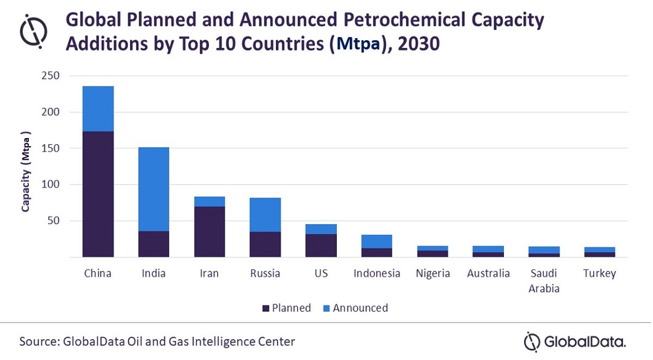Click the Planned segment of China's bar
(98, 194)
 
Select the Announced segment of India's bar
(153, 189)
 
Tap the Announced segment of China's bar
(98, 109)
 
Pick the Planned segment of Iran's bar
(210, 232)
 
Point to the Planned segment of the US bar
(321, 245)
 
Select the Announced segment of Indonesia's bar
(377, 241)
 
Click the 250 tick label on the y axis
(51, 76)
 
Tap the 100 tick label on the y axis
(51, 185)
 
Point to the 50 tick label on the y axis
(54, 221)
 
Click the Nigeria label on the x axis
(433, 273)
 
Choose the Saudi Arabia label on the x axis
(544, 281)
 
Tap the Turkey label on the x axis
(600, 273)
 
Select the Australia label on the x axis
(488, 273)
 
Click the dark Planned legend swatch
(266, 308)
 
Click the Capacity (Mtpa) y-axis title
(26, 171)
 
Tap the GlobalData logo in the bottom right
(575, 342)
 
